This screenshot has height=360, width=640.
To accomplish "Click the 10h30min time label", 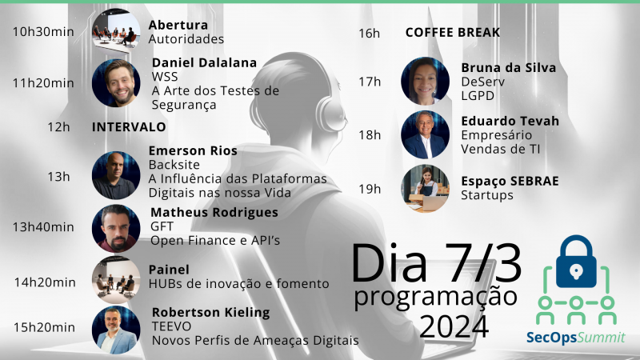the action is pyautogui.click(x=43, y=31).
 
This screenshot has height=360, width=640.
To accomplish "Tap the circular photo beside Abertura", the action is pyautogui.click(x=116, y=32).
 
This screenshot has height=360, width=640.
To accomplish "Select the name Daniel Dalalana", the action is pyautogui.click(x=204, y=62).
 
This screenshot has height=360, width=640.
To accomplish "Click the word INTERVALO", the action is pyautogui.click(x=129, y=127).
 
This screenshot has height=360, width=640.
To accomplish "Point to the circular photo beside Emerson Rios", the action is pyautogui.click(x=116, y=175).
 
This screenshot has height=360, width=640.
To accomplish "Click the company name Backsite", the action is pyautogui.click(x=174, y=165).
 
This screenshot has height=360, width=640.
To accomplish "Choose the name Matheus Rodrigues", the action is pyautogui.click(x=214, y=213).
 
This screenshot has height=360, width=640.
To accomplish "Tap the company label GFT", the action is pyautogui.click(x=162, y=226).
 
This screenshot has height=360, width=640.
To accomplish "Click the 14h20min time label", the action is pyautogui.click(x=45, y=282).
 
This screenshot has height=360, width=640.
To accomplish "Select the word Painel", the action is pyautogui.click(x=169, y=270).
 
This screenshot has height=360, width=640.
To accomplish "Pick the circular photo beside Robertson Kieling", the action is pyautogui.click(x=116, y=330).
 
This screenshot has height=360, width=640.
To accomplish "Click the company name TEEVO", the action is pyautogui.click(x=171, y=326).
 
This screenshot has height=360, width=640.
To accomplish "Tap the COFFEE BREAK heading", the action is pyautogui.click(x=453, y=32).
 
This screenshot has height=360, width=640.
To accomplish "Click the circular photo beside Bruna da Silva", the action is pyautogui.click(x=426, y=82).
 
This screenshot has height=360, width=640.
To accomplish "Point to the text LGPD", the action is pyautogui.click(x=478, y=95).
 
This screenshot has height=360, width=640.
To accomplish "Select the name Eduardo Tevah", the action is pyautogui.click(x=510, y=121).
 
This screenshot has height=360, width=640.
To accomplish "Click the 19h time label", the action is pyautogui.click(x=370, y=189).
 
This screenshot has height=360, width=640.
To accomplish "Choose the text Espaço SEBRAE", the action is pyautogui.click(x=510, y=182).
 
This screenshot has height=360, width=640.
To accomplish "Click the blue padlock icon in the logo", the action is pyautogui.click(x=576, y=262).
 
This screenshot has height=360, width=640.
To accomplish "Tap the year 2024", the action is pyautogui.click(x=454, y=326).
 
